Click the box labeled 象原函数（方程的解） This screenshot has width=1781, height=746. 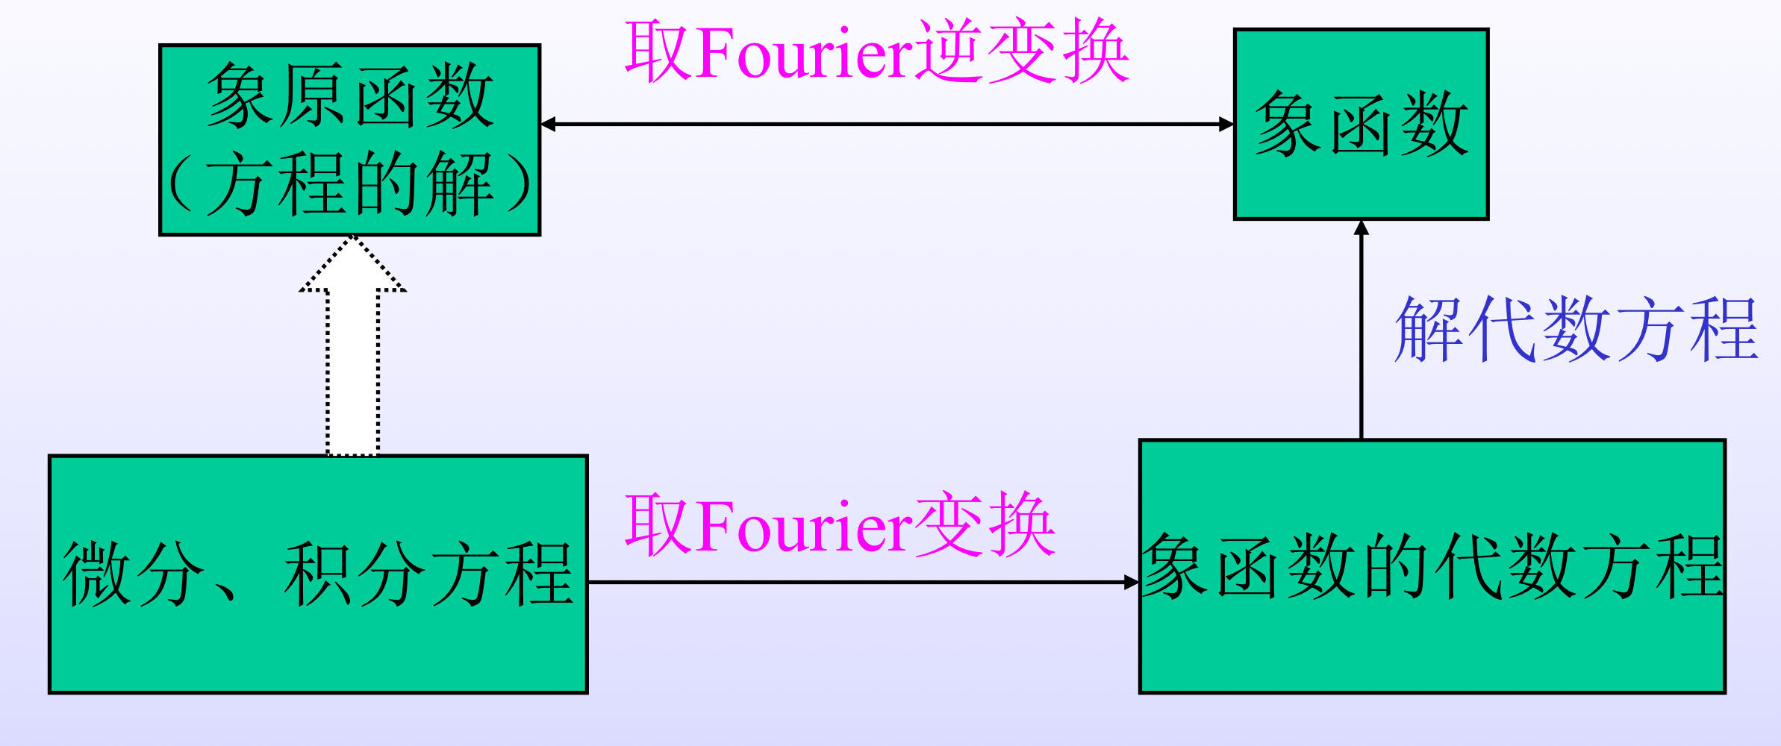pos(349,140)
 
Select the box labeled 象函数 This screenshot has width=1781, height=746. pos(1361,124)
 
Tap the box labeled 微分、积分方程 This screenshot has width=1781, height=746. pos(318,574)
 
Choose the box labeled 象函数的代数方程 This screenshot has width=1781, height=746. pos(1432,567)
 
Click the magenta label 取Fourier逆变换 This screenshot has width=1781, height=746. pos(876,51)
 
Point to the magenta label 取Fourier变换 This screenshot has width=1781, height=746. pos(840,525)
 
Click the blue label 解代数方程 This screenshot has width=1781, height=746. pos(1575,329)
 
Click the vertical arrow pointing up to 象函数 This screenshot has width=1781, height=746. pos(1361,328)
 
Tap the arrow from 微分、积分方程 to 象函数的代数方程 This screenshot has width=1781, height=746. pos(858,582)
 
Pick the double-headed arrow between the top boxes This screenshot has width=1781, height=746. pos(887,124)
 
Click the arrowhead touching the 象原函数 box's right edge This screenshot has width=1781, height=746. pos(549,124)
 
